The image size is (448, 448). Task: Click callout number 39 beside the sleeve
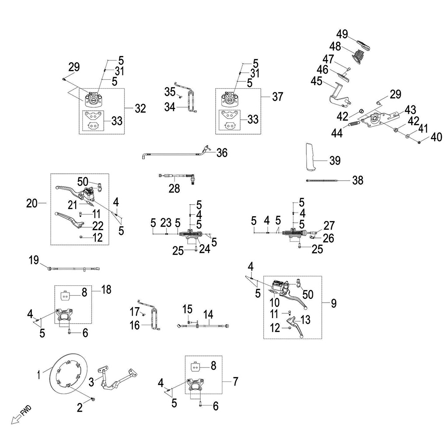coord(335,161)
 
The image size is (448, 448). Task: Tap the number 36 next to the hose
coord(222,153)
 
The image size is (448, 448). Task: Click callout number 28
coord(174,189)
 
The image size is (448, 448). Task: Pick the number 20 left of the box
coord(32,203)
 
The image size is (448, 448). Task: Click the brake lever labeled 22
coord(70,218)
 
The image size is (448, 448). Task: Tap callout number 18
coord(106,289)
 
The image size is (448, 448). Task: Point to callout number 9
coord(333,303)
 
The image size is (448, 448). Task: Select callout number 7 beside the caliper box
coord(235,381)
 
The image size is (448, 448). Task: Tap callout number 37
coord(277,97)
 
